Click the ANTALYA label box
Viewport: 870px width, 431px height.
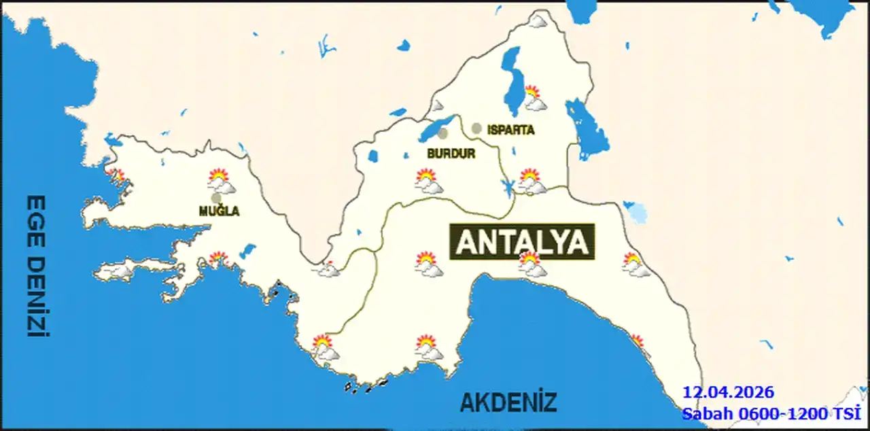[521, 242]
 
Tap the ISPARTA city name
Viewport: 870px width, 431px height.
[510, 130]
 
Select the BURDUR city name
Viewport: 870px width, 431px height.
[451, 154]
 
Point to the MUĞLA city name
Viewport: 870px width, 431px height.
[219, 211]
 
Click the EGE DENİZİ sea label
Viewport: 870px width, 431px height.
[36, 266]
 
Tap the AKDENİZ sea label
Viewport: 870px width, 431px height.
[508, 402]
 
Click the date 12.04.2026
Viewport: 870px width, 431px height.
[728, 393]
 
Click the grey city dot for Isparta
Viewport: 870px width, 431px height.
[476, 128]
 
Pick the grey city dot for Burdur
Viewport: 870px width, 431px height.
[443, 134]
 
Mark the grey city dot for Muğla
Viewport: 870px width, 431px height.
[216, 198]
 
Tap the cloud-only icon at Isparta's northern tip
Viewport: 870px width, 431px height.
[538, 22]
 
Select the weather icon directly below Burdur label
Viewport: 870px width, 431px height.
[428, 181]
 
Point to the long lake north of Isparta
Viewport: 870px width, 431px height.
[513, 78]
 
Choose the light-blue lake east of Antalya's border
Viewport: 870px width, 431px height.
[637, 213]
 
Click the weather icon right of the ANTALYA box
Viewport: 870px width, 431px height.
[635, 264]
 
